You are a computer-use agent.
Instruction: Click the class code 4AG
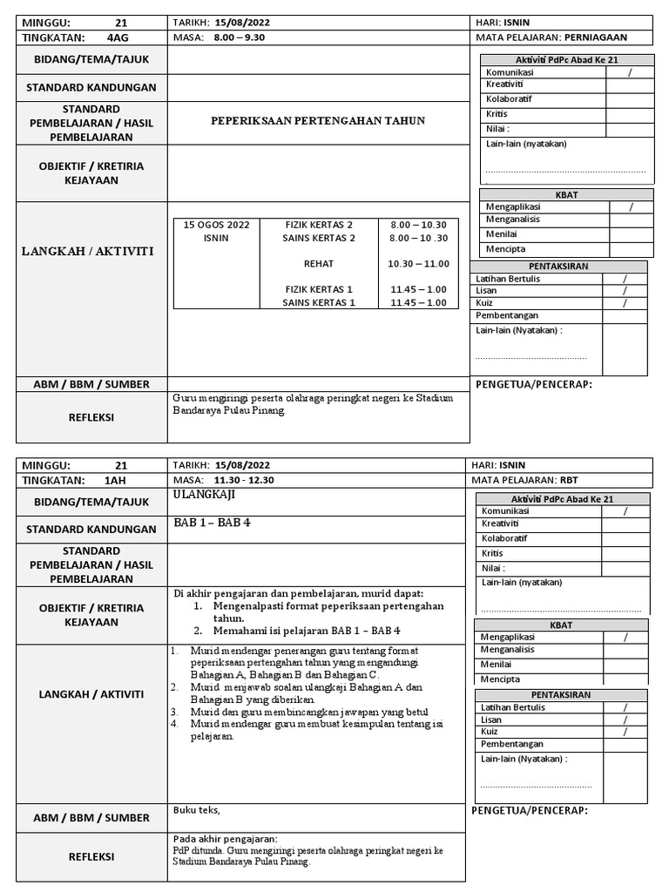tap(117, 37)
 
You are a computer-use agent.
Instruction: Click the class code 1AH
tap(115, 480)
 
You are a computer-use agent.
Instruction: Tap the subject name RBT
tap(569, 480)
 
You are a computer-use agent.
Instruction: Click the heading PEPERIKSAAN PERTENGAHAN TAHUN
tap(318, 120)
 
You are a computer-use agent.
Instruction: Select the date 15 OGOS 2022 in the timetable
tap(216, 225)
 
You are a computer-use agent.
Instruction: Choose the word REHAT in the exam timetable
tap(319, 264)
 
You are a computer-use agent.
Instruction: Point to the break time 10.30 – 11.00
tap(418, 264)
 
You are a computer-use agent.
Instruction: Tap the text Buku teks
tap(191, 809)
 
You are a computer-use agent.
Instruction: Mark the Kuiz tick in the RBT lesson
tap(625, 733)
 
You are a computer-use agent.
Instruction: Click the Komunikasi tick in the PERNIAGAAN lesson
tap(630, 73)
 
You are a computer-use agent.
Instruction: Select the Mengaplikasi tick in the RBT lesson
tap(625, 638)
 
